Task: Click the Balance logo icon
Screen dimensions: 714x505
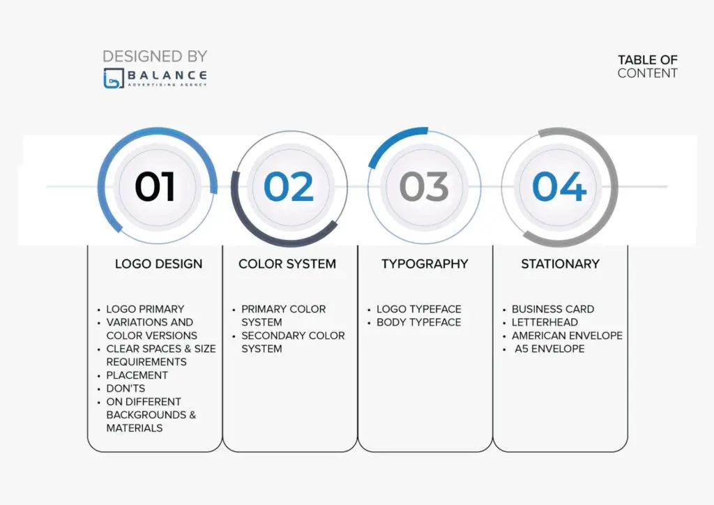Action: [x=114, y=78]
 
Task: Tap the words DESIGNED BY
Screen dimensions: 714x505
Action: [x=155, y=56]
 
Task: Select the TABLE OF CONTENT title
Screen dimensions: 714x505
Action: [x=648, y=66]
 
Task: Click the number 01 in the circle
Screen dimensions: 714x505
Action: [x=155, y=186]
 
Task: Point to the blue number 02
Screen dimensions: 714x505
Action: [x=289, y=186]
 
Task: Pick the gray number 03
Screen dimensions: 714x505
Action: [x=424, y=186]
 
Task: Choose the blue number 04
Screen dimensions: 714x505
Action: [x=559, y=186]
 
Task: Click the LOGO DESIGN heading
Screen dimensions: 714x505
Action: [x=158, y=264]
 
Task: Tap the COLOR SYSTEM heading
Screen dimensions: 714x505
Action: [x=287, y=264]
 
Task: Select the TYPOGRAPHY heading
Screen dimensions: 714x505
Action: [x=425, y=264]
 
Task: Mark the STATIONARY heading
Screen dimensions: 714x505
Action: [x=560, y=264]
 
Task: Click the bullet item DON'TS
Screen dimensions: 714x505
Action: [x=126, y=389]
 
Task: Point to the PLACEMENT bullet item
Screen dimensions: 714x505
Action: [x=137, y=375]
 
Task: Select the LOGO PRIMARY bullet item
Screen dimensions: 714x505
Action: [x=145, y=309]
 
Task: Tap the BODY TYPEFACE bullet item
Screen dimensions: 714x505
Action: [x=419, y=322]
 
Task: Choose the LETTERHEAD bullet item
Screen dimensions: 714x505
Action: [x=545, y=322]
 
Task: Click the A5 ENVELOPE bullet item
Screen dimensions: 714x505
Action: [x=549, y=349]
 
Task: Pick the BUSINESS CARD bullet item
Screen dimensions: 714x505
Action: [x=553, y=309]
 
